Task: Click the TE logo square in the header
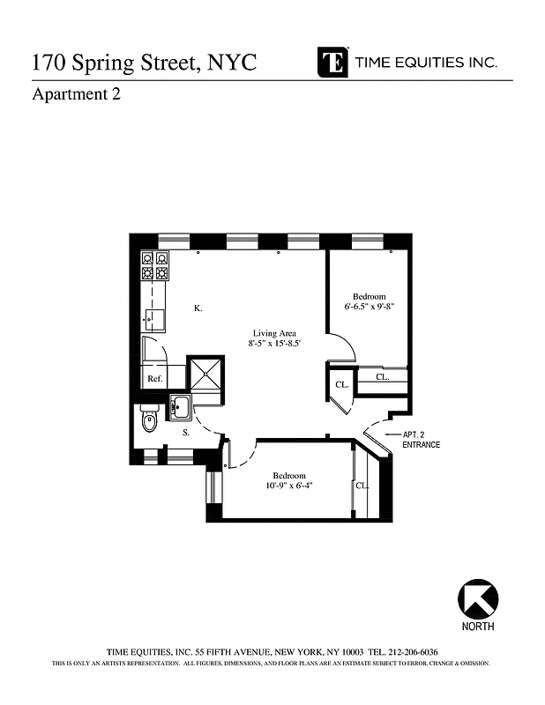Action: pyautogui.click(x=332, y=62)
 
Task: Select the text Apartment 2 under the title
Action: pyautogui.click(x=76, y=95)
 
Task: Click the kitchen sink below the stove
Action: pyautogui.click(x=155, y=319)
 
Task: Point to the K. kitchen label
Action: pyautogui.click(x=198, y=308)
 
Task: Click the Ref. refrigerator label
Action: pyautogui.click(x=154, y=379)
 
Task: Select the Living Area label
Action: pyautogui.click(x=275, y=333)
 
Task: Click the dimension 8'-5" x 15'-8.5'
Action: pyautogui.click(x=275, y=344)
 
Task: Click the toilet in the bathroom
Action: pyautogui.click(x=148, y=421)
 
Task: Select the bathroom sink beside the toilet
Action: pyautogui.click(x=180, y=408)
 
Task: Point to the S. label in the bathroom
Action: pyautogui.click(x=186, y=434)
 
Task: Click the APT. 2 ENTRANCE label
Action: pyautogui.click(x=421, y=440)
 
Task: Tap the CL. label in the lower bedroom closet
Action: pyautogui.click(x=362, y=486)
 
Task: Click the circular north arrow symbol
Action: pyautogui.click(x=477, y=599)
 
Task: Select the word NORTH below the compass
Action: pyautogui.click(x=477, y=627)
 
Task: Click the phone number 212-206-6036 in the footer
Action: pyautogui.click(x=415, y=651)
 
